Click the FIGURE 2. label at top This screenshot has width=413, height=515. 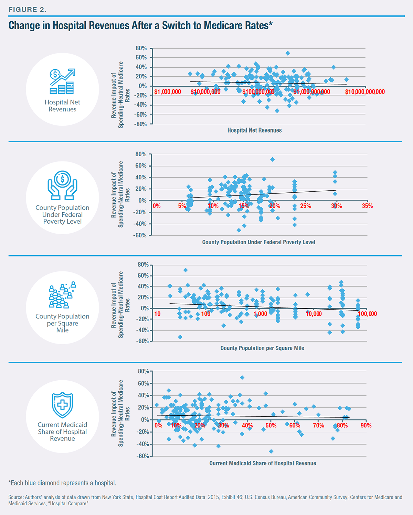tap(27, 10)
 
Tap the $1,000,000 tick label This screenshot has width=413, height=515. tap(168, 92)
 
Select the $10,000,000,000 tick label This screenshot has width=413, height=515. tap(365, 92)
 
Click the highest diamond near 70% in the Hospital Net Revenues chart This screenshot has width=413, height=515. tap(288, 53)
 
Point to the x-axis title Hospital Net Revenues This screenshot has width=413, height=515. tap(254, 130)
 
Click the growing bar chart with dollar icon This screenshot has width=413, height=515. tap(62, 81)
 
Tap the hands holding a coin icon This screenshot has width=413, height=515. tap(62, 186)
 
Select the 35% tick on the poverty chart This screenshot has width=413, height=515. tap(367, 206)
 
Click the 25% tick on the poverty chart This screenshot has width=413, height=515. tap(305, 206)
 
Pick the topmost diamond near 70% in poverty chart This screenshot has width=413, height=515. tap(272, 159)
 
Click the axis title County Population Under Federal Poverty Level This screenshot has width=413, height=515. tap(258, 242)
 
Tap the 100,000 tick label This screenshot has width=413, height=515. tap(367, 314)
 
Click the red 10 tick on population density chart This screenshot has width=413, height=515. tap(157, 314)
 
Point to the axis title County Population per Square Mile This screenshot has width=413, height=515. tap(262, 348)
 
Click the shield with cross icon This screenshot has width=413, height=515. tap(62, 405)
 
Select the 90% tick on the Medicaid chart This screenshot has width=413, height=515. tap(366, 425)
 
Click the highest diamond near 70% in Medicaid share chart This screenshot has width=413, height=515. tap(242, 378)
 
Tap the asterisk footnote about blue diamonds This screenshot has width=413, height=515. tap(62, 483)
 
